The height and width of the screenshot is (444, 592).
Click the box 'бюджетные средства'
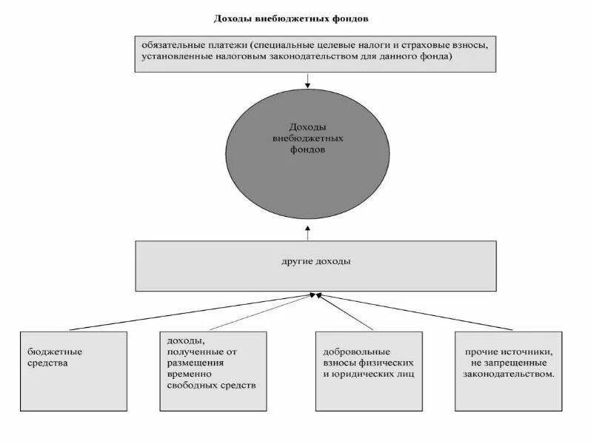coord(73,370)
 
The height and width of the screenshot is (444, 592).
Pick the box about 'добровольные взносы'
coord(368,370)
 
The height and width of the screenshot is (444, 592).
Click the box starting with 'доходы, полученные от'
coord(212,370)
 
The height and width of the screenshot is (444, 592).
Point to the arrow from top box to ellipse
coord(307,80)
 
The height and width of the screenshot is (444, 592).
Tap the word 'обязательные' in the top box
coord(169,44)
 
